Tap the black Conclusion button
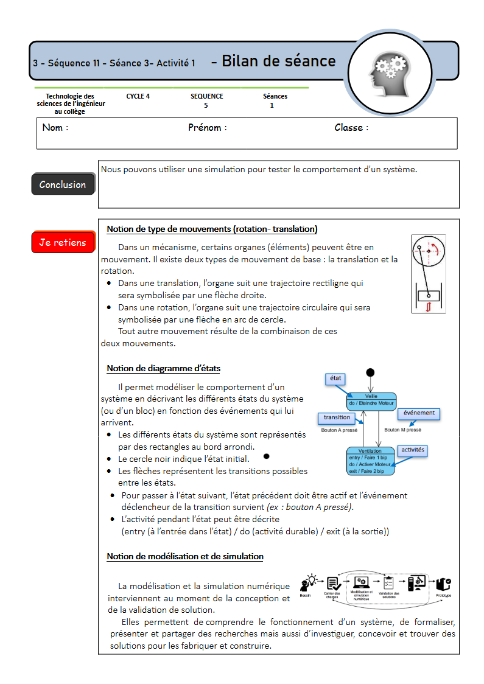pyautogui.click(x=63, y=184)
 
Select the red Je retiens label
pyautogui.click(x=63, y=242)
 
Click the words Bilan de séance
pyautogui.click(x=278, y=61)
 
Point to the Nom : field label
pyautogui.click(x=55, y=128)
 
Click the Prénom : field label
pyautogui.click(x=207, y=128)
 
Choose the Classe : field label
pyautogui.click(x=351, y=128)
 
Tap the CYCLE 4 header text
pyautogui.click(x=138, y=96)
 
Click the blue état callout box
pyautogui.click(x=335, y=379)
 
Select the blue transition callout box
pyautogui.click(x=337, y=417)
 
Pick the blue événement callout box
pyautogui.click(x=419, y=413)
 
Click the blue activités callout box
pyautogui.click(x=413, y=450)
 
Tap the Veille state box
pyautogui.click(x=371, y=400)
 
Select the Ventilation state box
pyautogui.click(x=371, y=461)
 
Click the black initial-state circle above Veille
pyautogui.click(x=370, y=372)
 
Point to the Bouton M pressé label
pyautogui.click(x=402, y=430)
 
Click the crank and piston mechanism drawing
pyautogui.click(x=429, y=274)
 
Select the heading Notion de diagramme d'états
pyautogui.click(x=163, y=369)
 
